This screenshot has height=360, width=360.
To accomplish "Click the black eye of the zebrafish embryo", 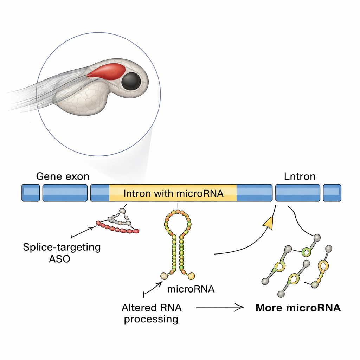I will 131,81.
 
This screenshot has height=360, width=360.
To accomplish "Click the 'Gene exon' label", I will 63,176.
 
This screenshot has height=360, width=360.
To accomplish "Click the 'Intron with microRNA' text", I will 174,193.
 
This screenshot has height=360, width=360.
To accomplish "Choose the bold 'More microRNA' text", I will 298,308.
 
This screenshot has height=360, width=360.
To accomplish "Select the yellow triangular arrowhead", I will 269,223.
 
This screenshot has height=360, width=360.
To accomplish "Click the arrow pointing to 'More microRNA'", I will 220,308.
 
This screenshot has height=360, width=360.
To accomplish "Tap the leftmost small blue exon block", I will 31,193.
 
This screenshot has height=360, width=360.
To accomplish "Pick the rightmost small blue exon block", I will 332,193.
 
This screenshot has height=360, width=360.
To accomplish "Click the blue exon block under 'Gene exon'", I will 65,193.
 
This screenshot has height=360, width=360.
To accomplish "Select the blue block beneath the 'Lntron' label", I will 298,193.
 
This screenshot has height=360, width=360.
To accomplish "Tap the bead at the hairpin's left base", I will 164,276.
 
